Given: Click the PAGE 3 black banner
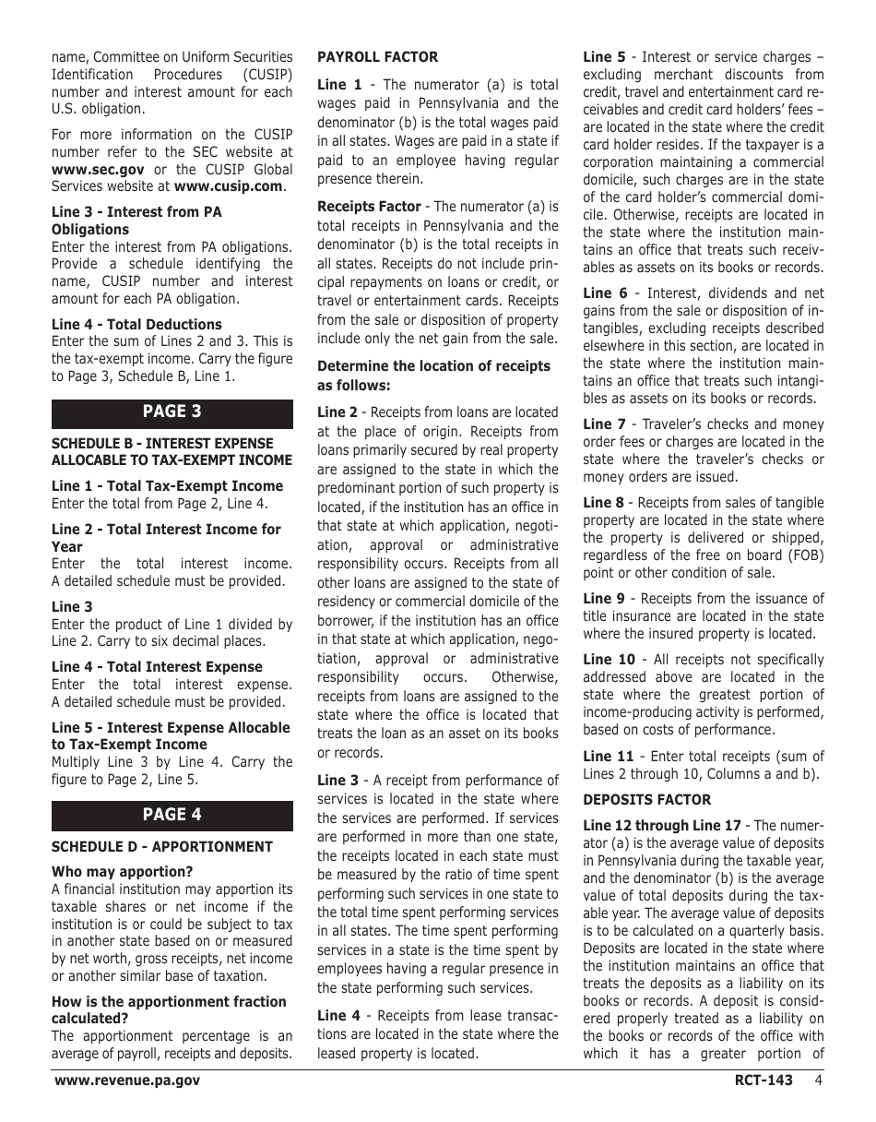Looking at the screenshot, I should coord(172,412).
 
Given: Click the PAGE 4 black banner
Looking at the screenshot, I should coord(172,815).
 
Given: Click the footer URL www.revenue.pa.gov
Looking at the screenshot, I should coord(127,1080).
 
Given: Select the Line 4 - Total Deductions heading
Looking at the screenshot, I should coord(136,325).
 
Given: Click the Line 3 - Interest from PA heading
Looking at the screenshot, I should coord(136,212).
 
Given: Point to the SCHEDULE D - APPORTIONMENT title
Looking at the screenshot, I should coord(161,847).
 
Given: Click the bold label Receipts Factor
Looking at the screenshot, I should coord(369,207).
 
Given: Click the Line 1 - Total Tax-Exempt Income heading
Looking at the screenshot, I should coord(167,486).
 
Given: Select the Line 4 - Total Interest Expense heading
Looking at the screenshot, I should coord(157,667).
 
